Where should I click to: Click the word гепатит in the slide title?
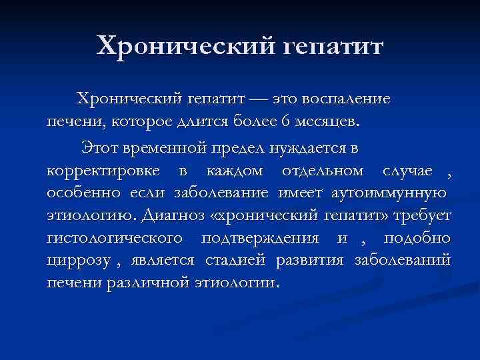click(x=333, y=47)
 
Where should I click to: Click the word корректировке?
click(x=103, y=170)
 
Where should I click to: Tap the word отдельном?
click(x=323, y=170)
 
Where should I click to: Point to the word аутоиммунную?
click(x=383, y=193)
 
